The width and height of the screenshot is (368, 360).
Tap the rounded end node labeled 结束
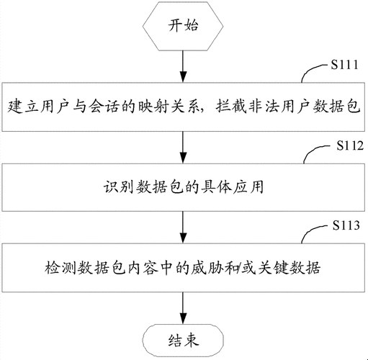pyautogui.click(x=184, y=337)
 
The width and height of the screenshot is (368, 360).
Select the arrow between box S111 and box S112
pyautogui.click(x=184, y=147)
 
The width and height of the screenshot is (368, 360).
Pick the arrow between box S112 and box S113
pyautogui.click(x=184, y=226)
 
